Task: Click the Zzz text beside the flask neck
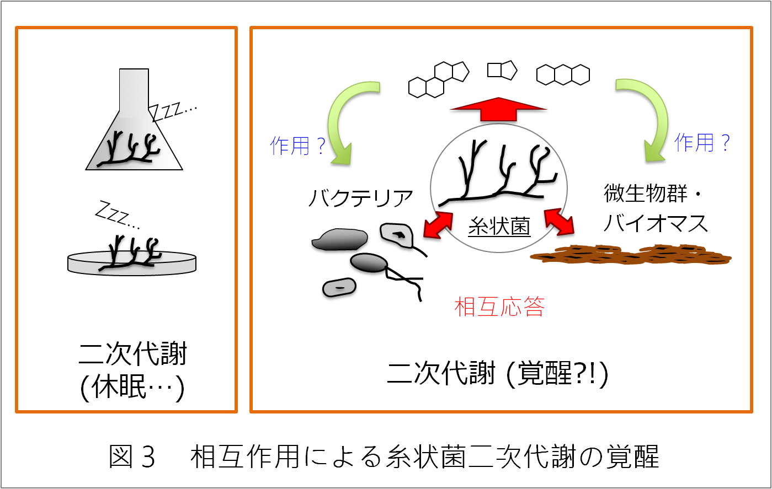click(173, 111)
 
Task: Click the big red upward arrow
click(498, 109)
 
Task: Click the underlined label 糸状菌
click(499, 226)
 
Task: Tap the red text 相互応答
click(499, 307)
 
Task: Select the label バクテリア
click(360, 198)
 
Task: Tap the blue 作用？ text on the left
click(297, 146)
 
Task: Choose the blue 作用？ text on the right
click(702, 143)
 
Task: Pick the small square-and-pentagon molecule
click(502, 70)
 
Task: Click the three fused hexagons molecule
click(563, 74)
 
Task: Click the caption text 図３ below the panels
click(132, 456)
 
